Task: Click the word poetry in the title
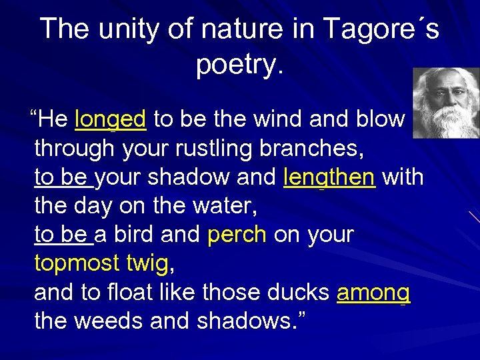[x=237, y=65]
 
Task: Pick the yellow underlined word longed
[x=111, y=119]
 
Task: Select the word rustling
[x=215, y=149]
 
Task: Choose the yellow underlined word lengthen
[x=329, y=178]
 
